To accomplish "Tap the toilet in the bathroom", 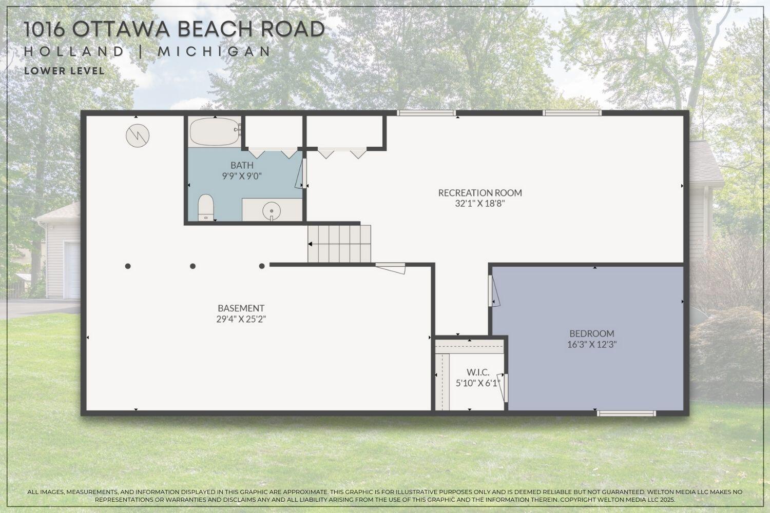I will [206, 207].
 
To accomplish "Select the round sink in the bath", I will [271, 210].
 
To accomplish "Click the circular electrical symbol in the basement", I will [138, 135].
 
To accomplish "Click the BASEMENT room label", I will [241, 308].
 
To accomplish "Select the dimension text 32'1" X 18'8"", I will [479, 203].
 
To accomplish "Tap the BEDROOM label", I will [591, 333].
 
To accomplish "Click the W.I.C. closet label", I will [477, 372].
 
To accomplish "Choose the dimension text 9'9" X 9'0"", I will [242, 176].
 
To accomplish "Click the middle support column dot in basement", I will [193, 266].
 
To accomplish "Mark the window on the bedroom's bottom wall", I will [626, 412].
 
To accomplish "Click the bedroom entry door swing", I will [493, 292].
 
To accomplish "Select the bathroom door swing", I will [301, 175].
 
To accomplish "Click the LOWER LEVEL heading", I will [64, 71].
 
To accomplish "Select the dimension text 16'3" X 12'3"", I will [591, 345].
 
